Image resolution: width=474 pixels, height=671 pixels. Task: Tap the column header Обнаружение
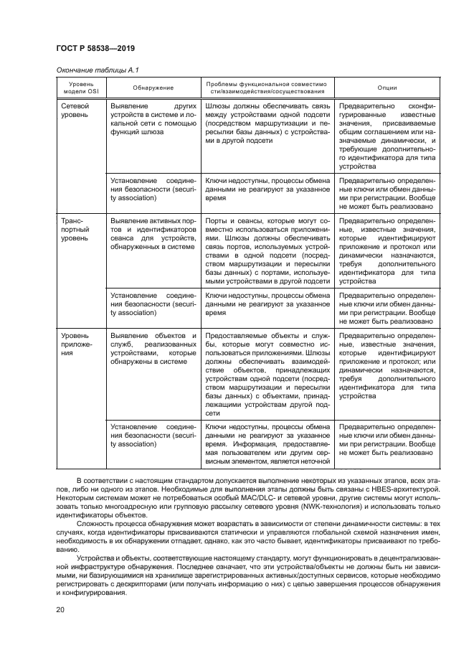(153, 88)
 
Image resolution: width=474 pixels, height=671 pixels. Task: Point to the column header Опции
(387, 88)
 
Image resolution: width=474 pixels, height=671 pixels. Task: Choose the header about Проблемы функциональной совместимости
(266, 88)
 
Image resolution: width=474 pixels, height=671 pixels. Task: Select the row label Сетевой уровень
(75, 109)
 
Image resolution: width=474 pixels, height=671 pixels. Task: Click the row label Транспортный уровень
(75, 229)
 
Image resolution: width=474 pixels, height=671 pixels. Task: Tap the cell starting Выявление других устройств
(153, 118)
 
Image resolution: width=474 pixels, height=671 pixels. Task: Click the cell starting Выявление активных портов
(153, 234)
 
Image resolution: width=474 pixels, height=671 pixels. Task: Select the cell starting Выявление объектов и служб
(153, 349)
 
